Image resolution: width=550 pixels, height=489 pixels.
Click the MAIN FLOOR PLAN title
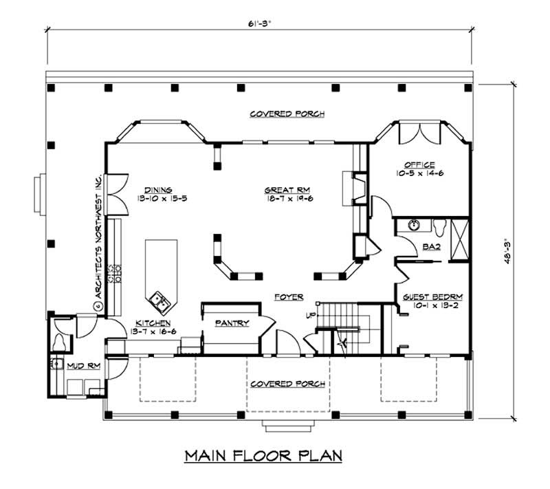click(x=263, y=455)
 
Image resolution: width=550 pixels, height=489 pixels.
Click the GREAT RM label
click(x=287, y=190)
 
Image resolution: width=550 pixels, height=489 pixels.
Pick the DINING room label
click(x=157, y=190)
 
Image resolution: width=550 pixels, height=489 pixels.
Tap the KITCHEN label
click(x=153, y=323)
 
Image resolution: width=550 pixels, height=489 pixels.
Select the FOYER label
click(x=288, y=297)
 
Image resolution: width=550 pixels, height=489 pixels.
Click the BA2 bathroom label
click(x=431, y=246)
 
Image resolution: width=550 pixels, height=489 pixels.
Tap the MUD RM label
click(x=85, y=366)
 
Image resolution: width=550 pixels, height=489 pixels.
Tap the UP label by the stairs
click(x=311, y=316)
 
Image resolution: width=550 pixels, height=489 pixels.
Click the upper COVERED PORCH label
click(x=287, y=113)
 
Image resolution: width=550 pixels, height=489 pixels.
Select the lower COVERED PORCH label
click(x=287, y=384)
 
